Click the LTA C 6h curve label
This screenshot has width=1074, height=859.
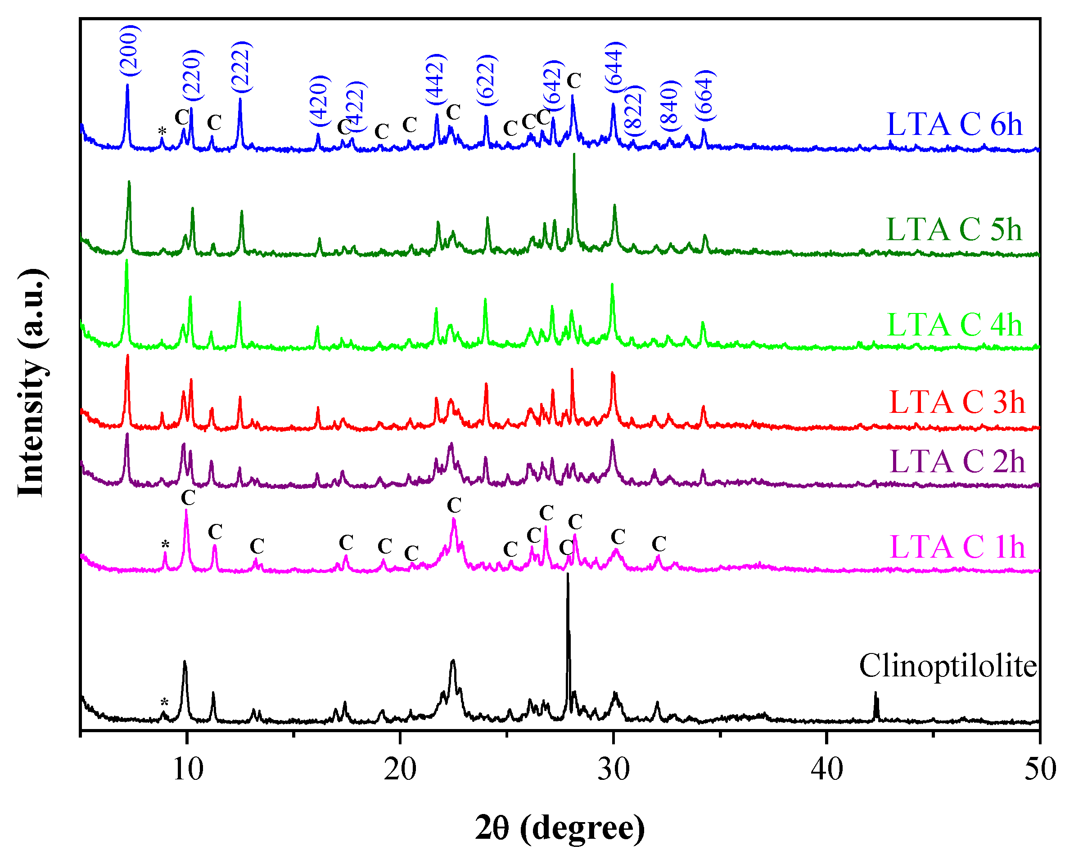click(x=954, y=125)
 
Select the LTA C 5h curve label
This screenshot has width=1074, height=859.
click(x=954, y=230)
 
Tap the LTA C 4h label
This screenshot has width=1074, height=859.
click(x=954, y=326)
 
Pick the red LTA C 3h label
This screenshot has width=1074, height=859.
click(x=957, y=402)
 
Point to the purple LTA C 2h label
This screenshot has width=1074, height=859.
click(x=957, y=462)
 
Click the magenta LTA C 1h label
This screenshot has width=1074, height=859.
click(x=957, y=547)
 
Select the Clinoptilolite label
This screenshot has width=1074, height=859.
click(x=948, y=666)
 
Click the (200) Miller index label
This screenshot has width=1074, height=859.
click(x=130, y=50)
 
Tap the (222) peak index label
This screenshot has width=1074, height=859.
click(x=242, y=67)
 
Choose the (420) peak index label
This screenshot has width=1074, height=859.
click(x=320, y=101)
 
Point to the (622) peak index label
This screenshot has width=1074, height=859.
click(x=487, y=81)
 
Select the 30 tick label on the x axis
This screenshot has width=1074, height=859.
click(x=614, y=770)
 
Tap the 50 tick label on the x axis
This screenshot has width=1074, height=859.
click(x=1040, y=770)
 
